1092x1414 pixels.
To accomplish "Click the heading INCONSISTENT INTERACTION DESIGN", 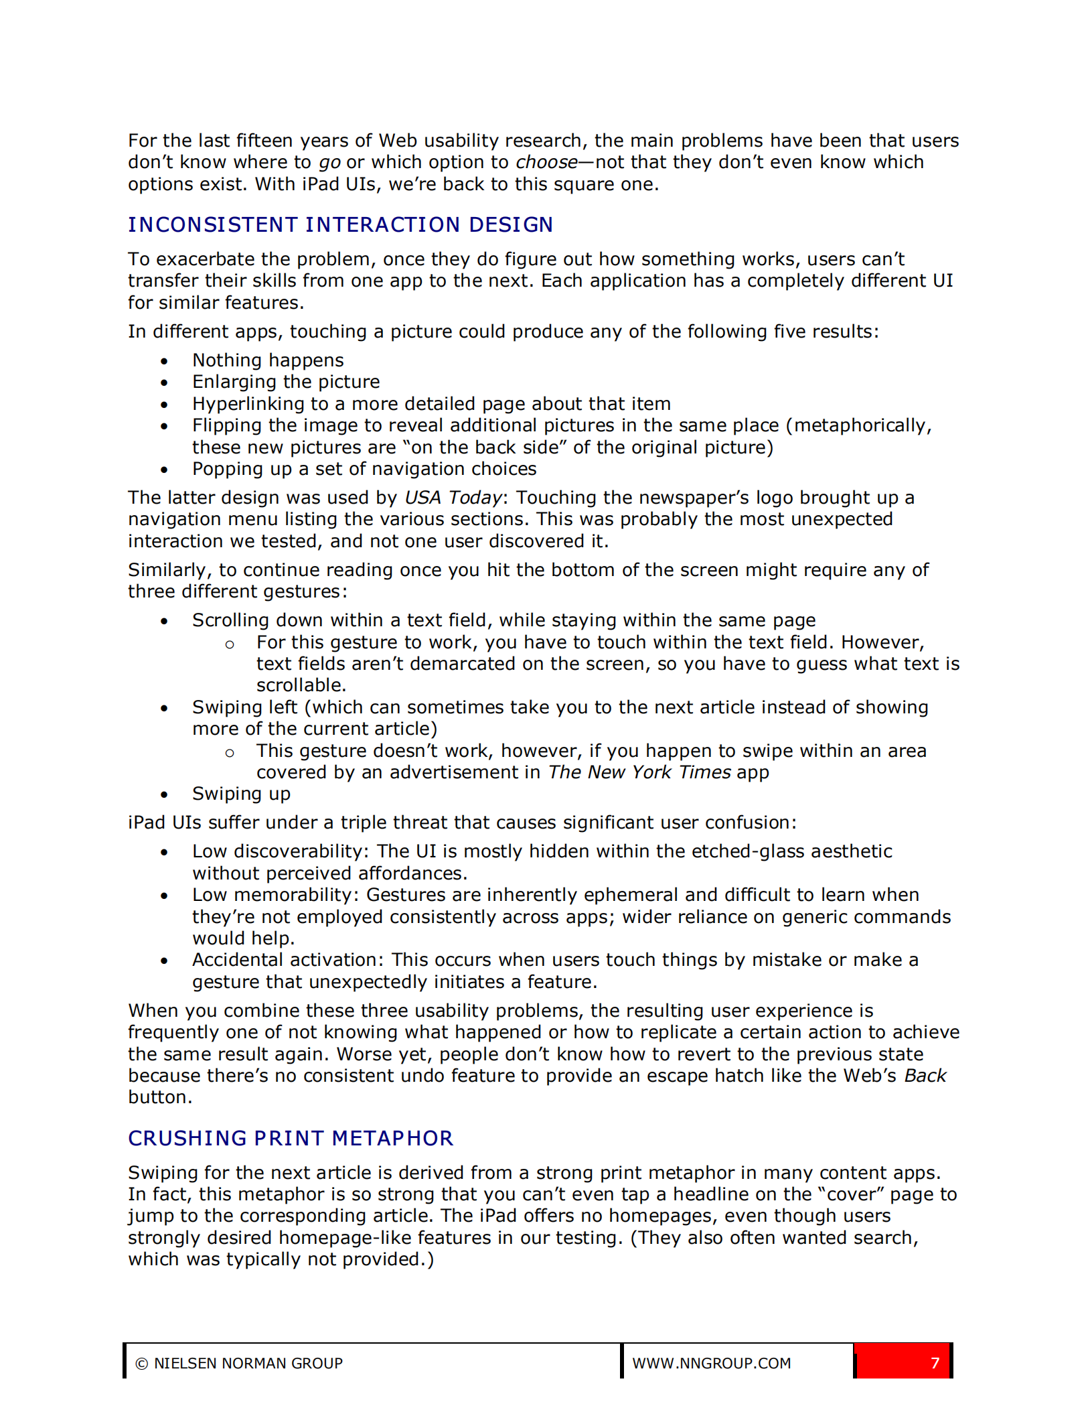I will (x=340, y=225).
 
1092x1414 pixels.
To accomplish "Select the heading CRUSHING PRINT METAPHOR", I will (x=291, y=1138).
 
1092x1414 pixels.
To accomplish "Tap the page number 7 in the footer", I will (x=935, y=1363).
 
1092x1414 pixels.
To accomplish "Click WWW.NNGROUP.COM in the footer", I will (x=711, y=1363).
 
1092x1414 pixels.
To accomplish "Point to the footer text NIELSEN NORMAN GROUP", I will (x=248, y=1363).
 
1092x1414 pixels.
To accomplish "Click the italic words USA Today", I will (x=453, y=498).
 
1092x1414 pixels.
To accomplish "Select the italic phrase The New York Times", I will (x=639, y=772).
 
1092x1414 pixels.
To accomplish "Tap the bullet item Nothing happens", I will (x=268, y=360).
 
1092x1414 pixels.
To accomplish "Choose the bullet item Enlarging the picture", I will (x=286, y=382).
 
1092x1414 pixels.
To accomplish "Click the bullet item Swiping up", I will (x=241, y=794).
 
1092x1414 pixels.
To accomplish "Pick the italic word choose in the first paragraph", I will (x=546, y=163).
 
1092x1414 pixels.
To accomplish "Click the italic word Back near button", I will (x=925, y=1076).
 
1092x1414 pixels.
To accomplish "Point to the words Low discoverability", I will (x=277, y=851).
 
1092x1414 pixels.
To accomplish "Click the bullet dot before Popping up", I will (x=164, y=470).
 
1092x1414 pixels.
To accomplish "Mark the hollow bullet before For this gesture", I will (x=230, y=644).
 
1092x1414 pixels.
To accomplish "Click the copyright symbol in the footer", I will (x=141, y=1364).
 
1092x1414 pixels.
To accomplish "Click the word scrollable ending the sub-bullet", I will (x=299, y=685).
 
